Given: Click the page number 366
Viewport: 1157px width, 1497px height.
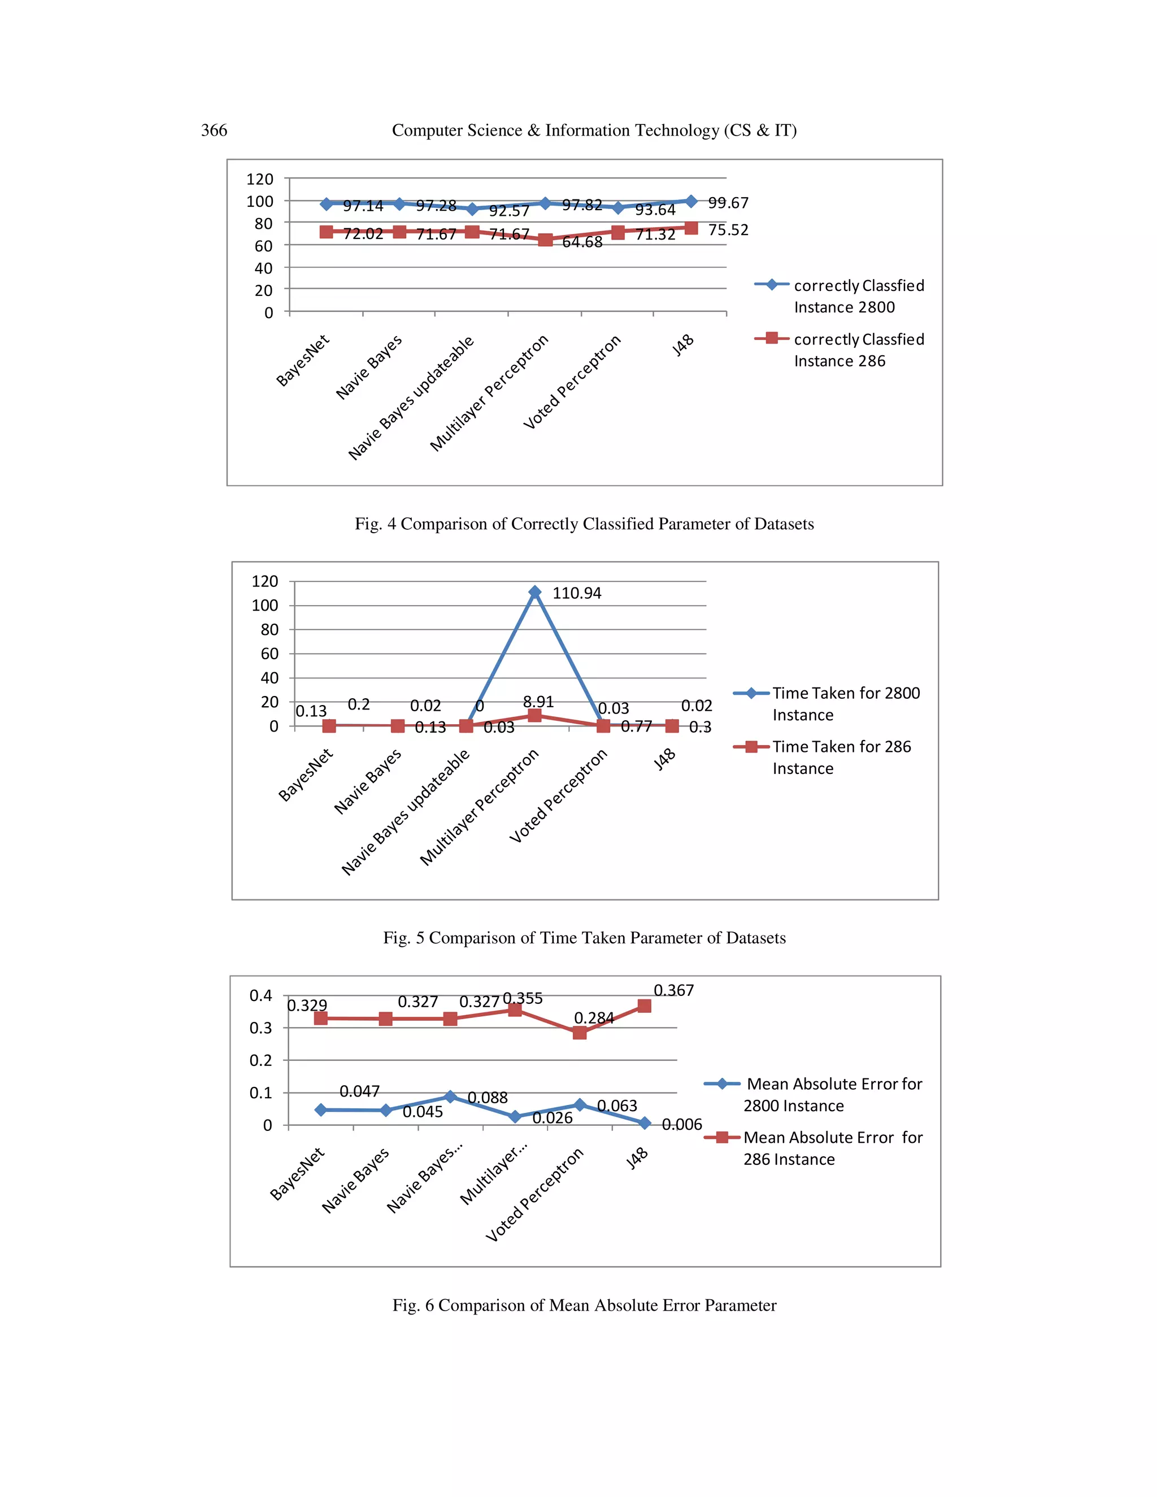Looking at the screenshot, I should [214, 130].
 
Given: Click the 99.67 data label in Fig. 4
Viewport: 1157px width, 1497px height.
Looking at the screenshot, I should [728, 203].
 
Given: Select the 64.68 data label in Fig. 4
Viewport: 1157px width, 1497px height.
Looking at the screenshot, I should [582, 242].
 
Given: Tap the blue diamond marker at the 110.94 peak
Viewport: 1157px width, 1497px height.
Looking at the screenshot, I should [534, 592].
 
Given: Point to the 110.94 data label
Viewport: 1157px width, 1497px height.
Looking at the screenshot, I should [576, 594].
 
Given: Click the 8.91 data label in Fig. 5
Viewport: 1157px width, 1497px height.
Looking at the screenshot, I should [538, 702].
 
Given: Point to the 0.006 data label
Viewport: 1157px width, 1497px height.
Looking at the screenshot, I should [682, 1124].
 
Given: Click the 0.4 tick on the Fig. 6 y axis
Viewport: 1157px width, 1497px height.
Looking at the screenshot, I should [260, 995].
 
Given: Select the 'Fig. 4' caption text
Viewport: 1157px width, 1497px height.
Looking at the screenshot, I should [584, 524].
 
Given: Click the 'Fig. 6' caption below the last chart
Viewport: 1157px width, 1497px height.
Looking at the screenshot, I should [584, 1305].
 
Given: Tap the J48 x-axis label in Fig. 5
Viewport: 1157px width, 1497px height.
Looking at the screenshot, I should [664, 759].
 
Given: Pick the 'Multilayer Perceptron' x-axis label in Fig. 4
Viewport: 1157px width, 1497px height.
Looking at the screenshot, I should [489, 393].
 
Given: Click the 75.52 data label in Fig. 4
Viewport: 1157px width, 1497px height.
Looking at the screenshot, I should [728, 229].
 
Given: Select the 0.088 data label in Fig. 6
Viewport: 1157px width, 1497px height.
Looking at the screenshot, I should [488, 1098].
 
